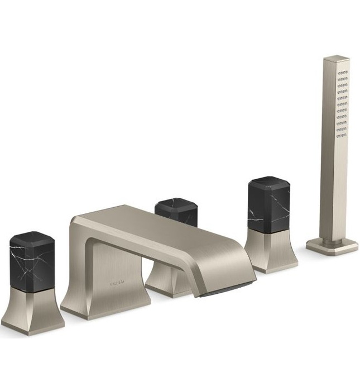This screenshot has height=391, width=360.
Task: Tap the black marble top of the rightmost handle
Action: tap(269, 203)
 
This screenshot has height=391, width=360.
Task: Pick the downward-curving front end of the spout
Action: tap(234, 268)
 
